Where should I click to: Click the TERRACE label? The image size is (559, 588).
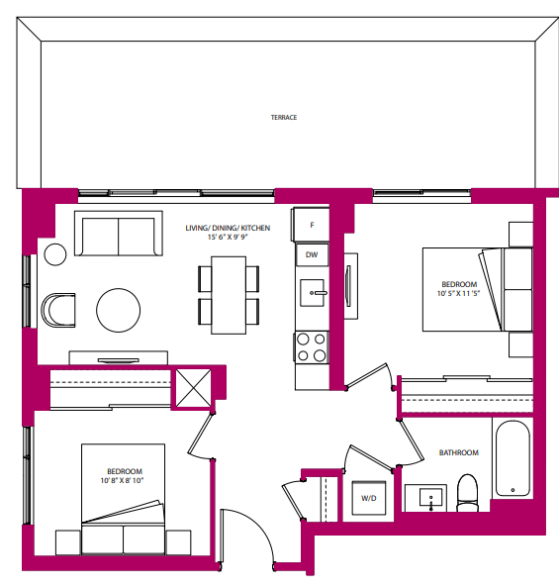284,117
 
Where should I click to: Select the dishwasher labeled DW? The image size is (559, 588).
312,255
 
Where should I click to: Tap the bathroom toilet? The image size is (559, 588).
467,493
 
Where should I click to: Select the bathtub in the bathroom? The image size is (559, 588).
512,457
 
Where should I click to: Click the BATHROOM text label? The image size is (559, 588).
458,452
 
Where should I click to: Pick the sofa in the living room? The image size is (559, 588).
118,237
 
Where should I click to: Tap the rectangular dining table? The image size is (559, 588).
229,294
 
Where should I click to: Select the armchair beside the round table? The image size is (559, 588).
58,309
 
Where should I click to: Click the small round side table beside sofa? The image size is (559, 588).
54,253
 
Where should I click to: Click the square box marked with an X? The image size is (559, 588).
192,387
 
